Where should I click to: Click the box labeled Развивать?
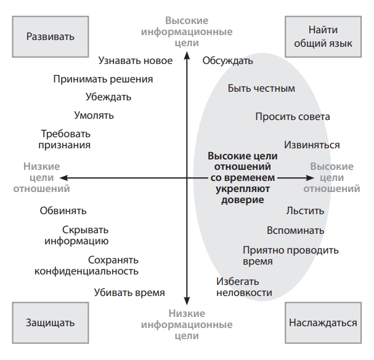tap(51, 36)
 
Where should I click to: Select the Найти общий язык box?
tap(323, 36)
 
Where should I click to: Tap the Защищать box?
tap(51, 322)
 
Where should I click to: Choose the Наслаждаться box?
tap(323, 322)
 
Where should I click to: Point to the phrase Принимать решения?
tap(103, 79)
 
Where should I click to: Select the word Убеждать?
tap(108, 97)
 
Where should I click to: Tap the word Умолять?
tap(94, 115)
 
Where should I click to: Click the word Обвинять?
tap(63, 210)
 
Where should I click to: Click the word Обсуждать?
tap(228, 60)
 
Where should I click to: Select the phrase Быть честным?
tap(261, 89)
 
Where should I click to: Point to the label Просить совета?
tap(293, 116)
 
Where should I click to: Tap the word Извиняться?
tap(312, 145)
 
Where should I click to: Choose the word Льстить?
tap(305, 210)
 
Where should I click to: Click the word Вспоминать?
tap(296, 231)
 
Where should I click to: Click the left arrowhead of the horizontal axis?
tap(71, 178)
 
